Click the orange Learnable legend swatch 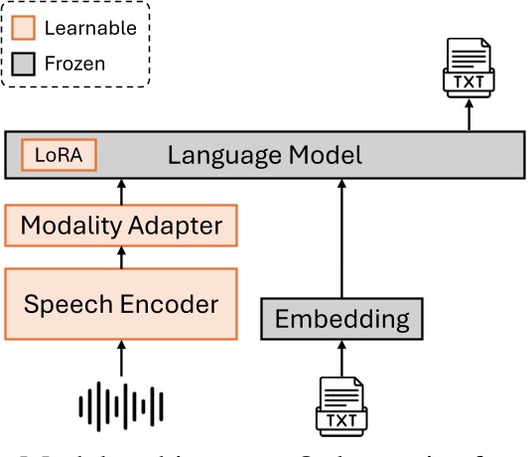point(25,29)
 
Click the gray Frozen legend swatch point(25,64)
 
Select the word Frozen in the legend point(74,65)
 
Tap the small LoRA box point(59,155)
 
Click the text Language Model point(264,155)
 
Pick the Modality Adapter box point(122,226)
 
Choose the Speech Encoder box point(122,302)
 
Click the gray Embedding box point(341,319)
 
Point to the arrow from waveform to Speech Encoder point(122,359)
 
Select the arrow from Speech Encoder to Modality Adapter point(122,257)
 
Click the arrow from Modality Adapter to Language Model point(122,192)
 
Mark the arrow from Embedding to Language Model point(341,238)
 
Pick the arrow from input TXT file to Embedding point(341,359)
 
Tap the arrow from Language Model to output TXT point(469,116)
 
